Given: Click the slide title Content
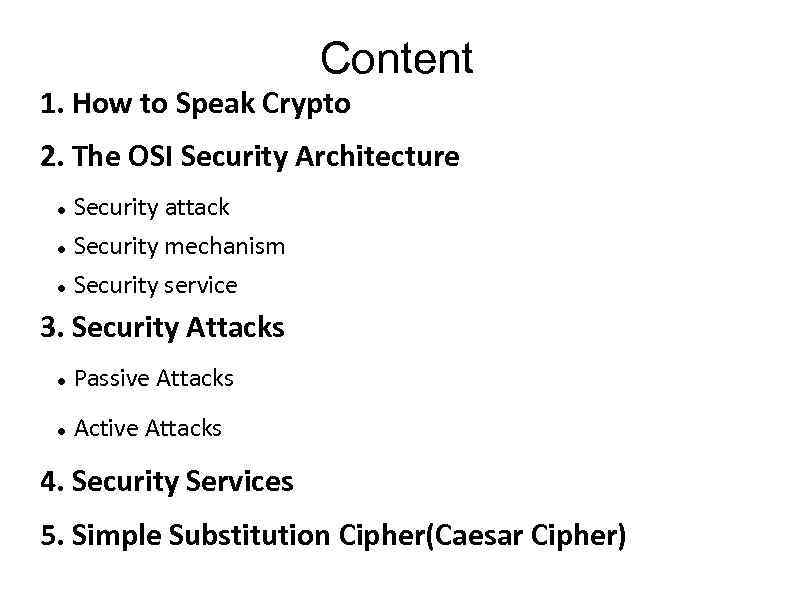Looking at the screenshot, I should coord(397,59).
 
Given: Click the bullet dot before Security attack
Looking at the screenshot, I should coord(62,209).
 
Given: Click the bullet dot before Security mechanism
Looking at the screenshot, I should coord(62,248).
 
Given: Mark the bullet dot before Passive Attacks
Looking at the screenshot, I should coord(62,380).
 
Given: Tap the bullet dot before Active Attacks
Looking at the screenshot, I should coord(62,430).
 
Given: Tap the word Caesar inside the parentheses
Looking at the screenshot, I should coord(479,536).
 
